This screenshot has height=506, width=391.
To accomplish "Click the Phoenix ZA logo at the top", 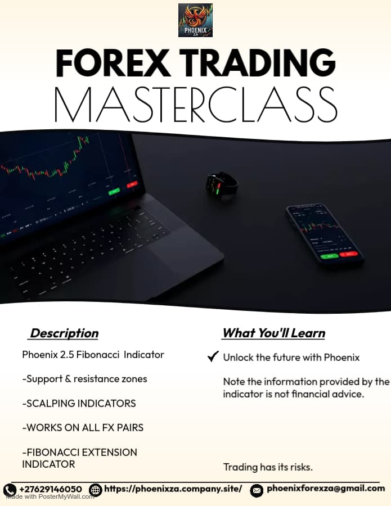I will click(195, 20).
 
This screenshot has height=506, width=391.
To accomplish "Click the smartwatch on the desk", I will click(222, 184).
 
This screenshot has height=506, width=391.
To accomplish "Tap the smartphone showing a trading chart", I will click(325, 234).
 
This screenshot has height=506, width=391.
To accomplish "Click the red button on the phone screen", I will click(348, 254).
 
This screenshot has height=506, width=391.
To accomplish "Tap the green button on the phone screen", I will click(329, 256).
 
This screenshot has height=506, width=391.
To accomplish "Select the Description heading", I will click(64, 333).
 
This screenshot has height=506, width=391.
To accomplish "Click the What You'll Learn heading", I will click(273, 333).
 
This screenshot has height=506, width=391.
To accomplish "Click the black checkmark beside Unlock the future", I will click(213, 356).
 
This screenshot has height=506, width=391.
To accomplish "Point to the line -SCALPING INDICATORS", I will click(79, 404).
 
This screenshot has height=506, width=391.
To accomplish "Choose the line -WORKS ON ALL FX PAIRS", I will click(83, 428).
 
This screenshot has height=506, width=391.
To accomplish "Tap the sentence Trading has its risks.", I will click(268, 467).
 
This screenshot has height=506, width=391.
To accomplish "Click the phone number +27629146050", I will click(50, 489).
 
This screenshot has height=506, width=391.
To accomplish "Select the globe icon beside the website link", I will click(96, 490).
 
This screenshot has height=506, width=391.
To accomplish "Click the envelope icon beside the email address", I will click(257, 490).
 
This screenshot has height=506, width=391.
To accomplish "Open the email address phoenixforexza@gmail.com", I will click(326, 488).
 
